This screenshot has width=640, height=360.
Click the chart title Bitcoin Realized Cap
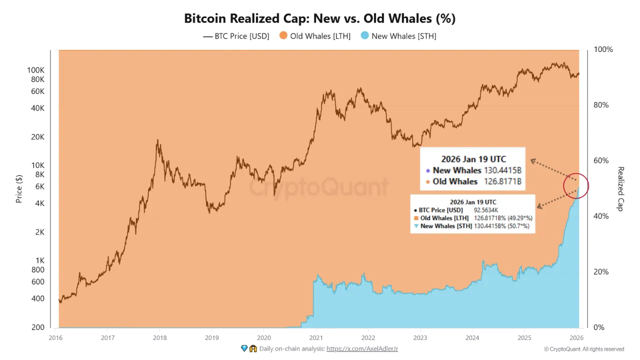pyautogui.click(x=319, y=18)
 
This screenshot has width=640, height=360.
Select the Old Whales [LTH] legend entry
pyautogui.click(x=314, y=36)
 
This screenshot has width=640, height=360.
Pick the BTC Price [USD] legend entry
pyautogui.click(x=236, y=36)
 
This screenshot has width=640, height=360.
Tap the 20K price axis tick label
pyautogui.click(x=37, y=137)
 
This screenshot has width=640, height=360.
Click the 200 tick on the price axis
pyautogui.click(x=38, y=327)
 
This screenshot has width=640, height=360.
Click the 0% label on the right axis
pyautogui.click(x=598, y=327)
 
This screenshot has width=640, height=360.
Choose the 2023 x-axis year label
pyautogui.click(x=420, y=338)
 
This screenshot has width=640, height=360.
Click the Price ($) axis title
pyautogui.click(x=19, y=188)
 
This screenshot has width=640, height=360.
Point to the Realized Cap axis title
pyautogui.click(x=620, y=188)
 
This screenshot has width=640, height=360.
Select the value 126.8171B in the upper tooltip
pyautogui.click(x=502, y=181)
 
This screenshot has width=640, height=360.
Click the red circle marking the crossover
pyautogui.click(x=575, y=186)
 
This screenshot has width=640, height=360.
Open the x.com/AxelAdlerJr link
pyautogui.click(x=362, y=348)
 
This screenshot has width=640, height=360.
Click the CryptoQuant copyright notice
pyautogui.click(x=583, y=349)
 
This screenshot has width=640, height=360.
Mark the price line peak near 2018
pyautogui.click(x=157, y=140)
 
